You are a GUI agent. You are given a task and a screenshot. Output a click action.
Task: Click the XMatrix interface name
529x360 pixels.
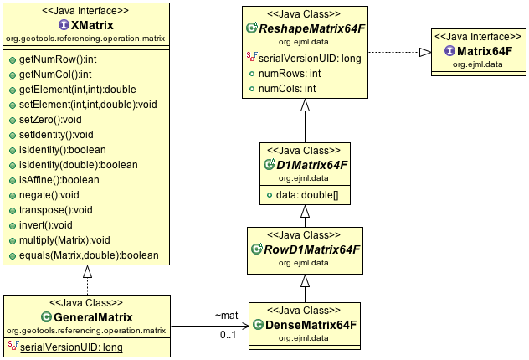(92, 25)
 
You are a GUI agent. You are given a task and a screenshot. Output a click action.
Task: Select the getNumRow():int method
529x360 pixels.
(58, 59)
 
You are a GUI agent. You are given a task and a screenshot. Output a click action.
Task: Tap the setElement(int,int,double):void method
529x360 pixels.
(88, 105)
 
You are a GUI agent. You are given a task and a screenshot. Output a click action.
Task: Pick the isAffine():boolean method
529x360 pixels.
(59, 180)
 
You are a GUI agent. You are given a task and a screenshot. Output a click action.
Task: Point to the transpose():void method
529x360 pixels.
(56, 210)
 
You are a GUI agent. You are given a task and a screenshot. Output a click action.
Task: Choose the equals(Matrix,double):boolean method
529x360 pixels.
(89, 255)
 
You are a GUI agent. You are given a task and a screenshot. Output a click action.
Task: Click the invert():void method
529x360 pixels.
(45, 225)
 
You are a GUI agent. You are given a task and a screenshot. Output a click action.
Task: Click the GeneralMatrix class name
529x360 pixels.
(93, 317)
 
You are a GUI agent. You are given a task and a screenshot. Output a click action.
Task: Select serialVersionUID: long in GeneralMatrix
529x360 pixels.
(71, 347)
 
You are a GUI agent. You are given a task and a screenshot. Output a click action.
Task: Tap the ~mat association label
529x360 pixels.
(226, 316)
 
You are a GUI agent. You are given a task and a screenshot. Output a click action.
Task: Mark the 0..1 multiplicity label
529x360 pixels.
(228, 335)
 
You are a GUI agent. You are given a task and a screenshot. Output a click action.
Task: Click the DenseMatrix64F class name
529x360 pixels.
(311, 325)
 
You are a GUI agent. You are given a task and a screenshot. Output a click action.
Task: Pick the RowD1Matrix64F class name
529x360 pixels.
(312, 249)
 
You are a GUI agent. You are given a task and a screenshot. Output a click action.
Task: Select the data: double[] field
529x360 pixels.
(307, 195)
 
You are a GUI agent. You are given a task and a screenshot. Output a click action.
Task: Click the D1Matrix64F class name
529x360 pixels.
(311, 165)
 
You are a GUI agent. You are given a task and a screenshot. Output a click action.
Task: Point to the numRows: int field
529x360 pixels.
(290, 74)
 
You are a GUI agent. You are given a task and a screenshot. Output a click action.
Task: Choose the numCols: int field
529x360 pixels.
(287, 89)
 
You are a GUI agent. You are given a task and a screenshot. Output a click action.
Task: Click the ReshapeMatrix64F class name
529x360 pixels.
(312, 28)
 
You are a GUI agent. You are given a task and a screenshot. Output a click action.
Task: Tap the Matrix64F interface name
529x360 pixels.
(485, 51)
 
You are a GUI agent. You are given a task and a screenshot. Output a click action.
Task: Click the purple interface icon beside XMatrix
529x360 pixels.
(64, 24)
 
